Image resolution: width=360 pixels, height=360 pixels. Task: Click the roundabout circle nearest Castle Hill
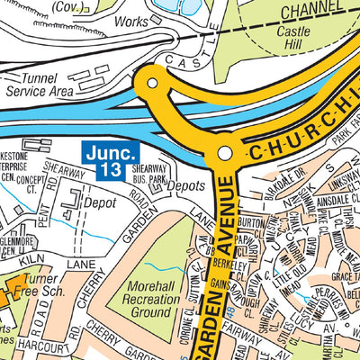point(152,85)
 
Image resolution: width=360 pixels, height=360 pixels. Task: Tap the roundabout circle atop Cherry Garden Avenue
point(223,154)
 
